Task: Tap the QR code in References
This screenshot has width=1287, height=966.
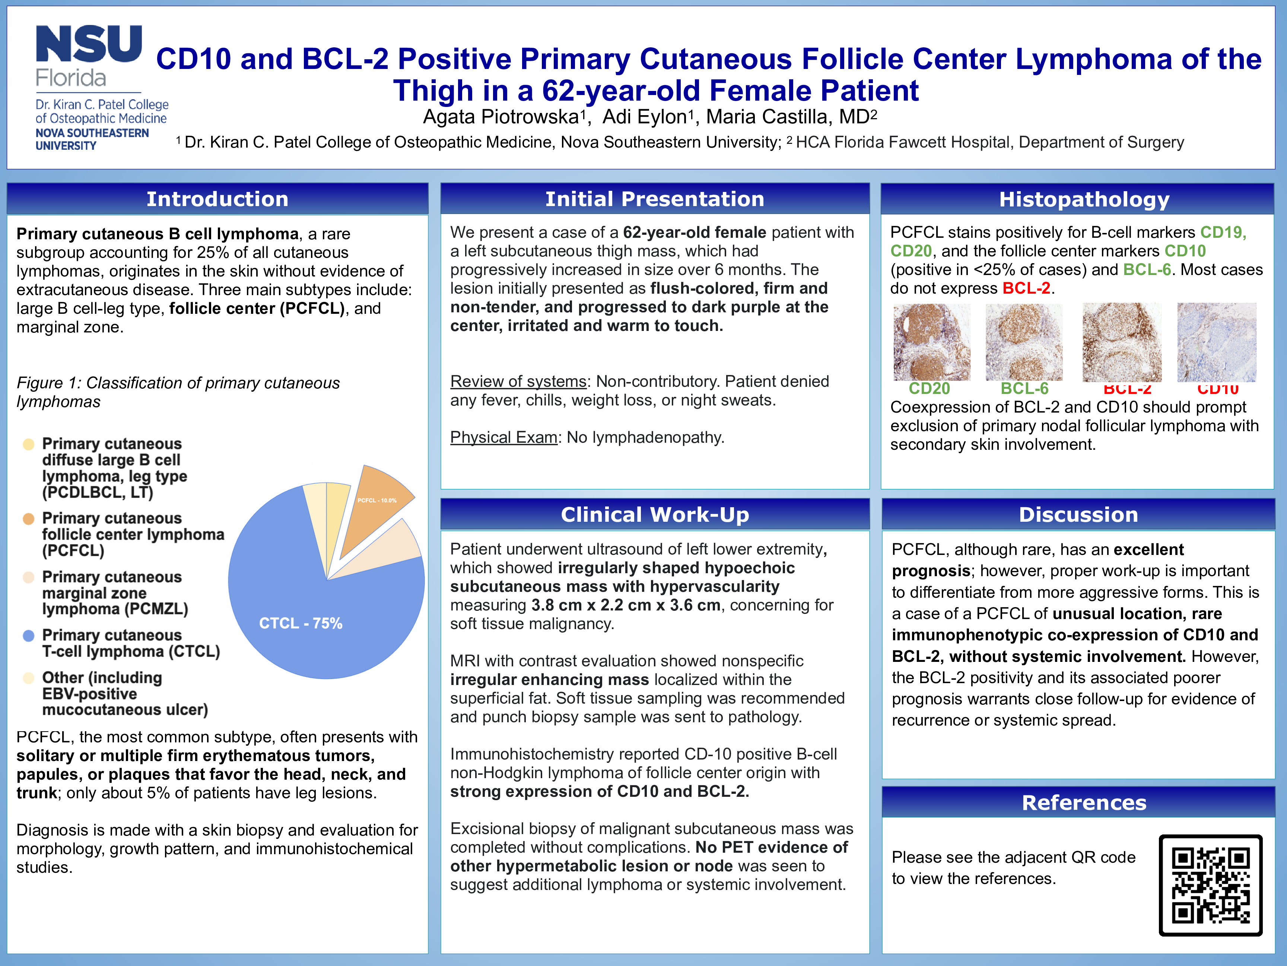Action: point(1210,885)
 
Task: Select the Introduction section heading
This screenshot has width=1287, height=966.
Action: point(217,199)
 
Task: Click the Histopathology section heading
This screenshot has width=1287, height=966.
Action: point(1084,199)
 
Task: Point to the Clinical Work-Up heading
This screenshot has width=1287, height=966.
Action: point(655,515)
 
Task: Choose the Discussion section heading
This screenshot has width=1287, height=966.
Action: point(1078,515)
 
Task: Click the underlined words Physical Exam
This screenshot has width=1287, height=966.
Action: point(503,437)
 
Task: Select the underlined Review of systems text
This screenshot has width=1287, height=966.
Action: point(518,381)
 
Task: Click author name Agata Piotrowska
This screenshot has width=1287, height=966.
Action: point(500,117)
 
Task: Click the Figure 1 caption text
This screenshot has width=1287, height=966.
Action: point(178,392)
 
